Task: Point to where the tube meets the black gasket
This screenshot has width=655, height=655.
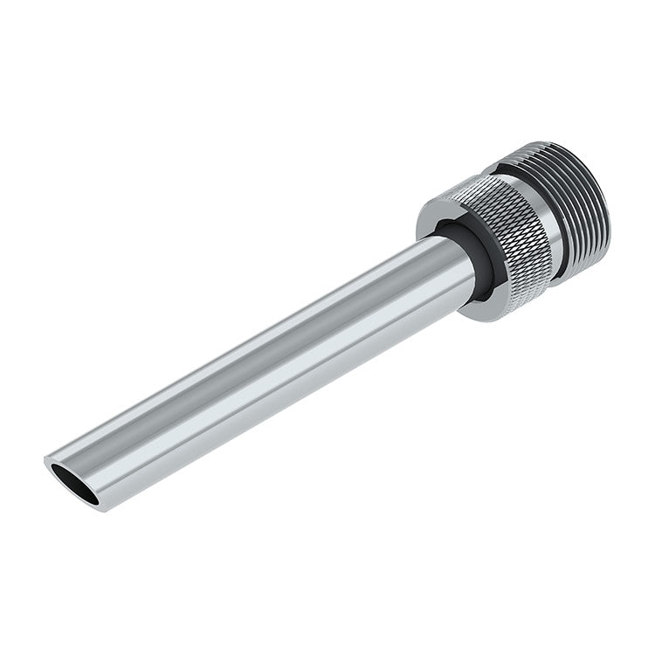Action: [454, 262]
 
